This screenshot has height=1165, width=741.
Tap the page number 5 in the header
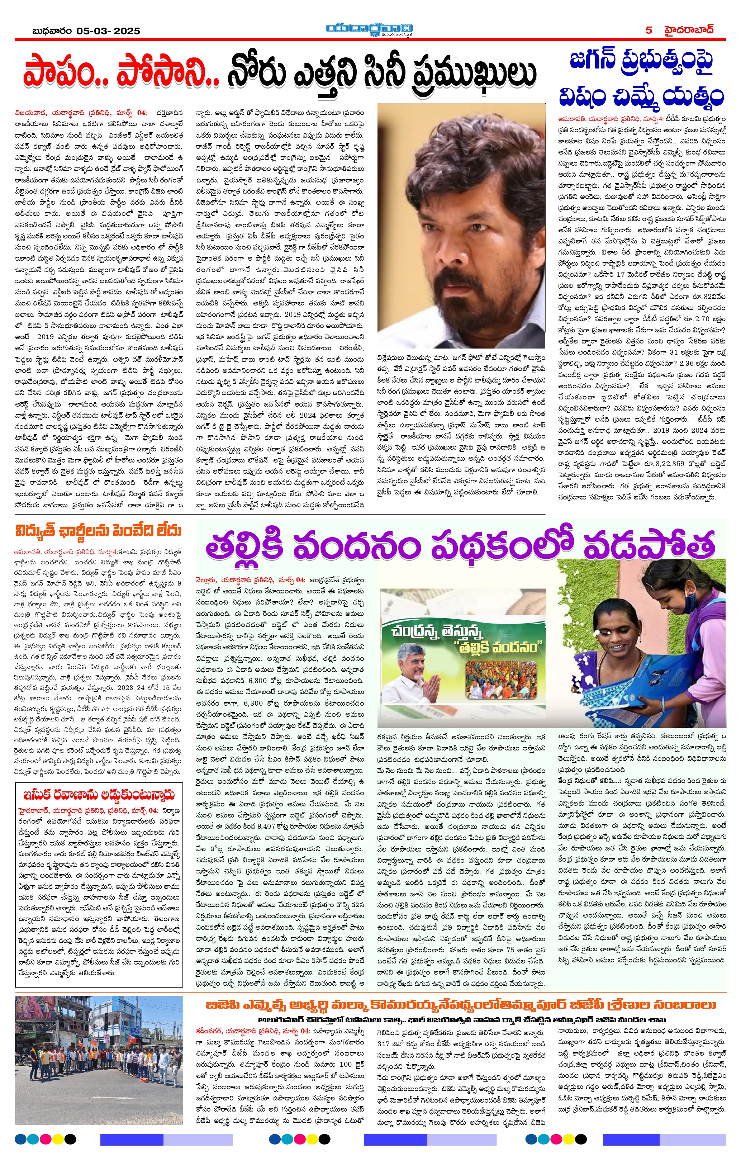click(649, 30)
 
